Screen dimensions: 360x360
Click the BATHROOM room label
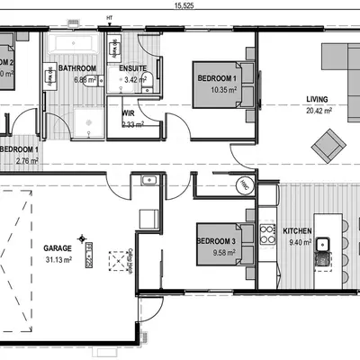(x=77, y=67)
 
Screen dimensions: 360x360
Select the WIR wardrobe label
(x=128, y=113)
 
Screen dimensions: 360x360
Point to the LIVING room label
(x=317, y=100)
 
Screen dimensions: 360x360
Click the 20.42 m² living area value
(x=317, y=112)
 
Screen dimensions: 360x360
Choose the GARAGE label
(x=58, y=247)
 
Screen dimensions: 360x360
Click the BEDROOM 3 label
(x=216, y=241)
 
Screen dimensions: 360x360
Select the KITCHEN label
(x=298, y=231)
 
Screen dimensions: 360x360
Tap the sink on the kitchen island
(x=323, y=243)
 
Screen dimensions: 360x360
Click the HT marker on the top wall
(x=110, y=17)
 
